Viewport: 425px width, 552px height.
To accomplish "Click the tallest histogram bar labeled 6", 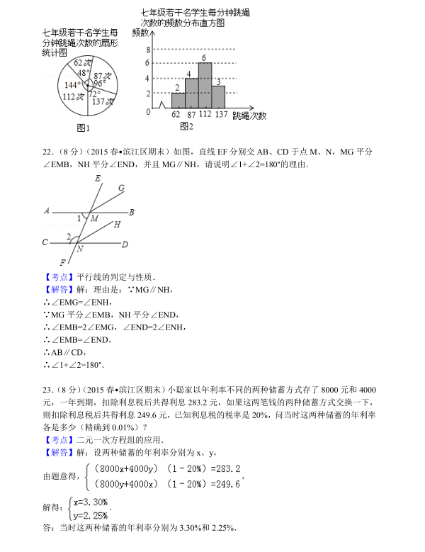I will pos(205,86).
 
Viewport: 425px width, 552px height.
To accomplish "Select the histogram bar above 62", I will pos(178,101).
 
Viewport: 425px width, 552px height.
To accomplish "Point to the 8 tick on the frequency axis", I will pos(148,50).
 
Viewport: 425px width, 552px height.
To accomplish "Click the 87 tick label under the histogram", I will pos(191,114).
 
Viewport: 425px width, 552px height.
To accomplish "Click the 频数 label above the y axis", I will pos(140,33).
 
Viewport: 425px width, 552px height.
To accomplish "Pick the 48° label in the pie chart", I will pos(84,72).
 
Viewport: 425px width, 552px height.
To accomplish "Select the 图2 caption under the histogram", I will pos(186,126).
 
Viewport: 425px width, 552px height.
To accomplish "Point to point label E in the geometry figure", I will pos(97,178).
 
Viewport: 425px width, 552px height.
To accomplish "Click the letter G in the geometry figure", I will pos(121,188).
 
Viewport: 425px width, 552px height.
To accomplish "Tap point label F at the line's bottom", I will pos(62,263).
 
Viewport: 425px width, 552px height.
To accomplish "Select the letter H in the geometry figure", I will pos(116,224).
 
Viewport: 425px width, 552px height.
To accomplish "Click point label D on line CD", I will pos(125,244).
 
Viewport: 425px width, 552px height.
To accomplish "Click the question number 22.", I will pos(48,152).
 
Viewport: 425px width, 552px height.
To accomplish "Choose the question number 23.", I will pos(48,390).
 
